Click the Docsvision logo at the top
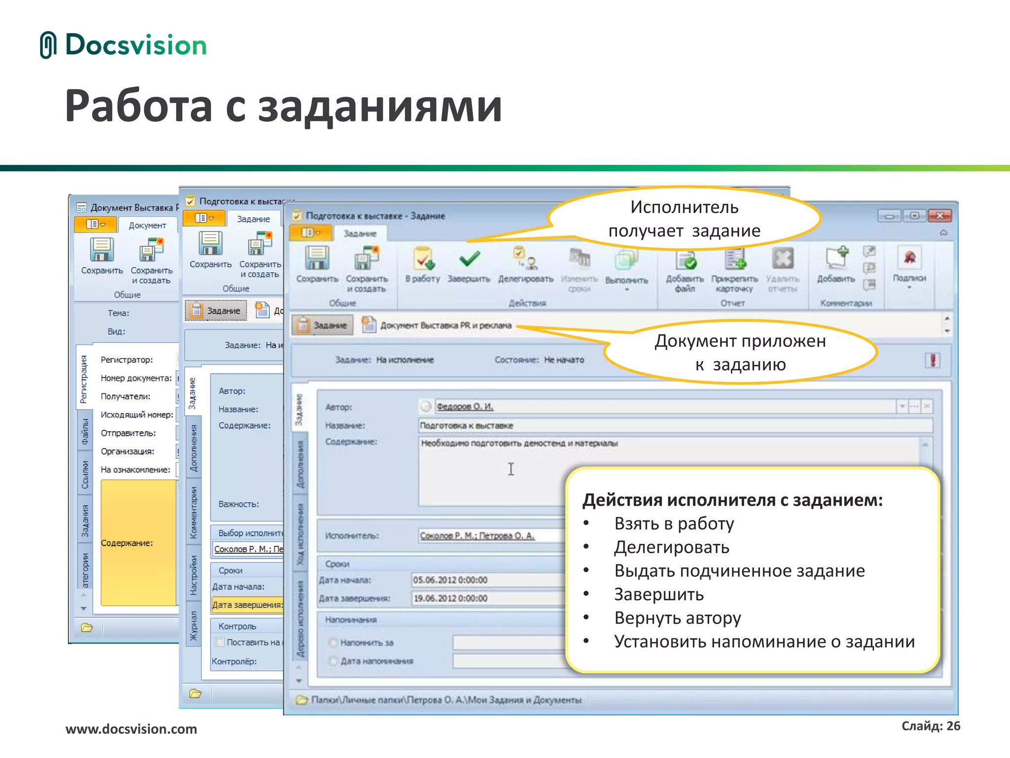coord(123,45)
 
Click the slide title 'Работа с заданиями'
coord(284,106)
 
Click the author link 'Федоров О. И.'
coord(465,407)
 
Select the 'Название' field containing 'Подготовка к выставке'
coord(675,425)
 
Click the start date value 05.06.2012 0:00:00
coord(450,580)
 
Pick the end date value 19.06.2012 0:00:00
coord(450,599)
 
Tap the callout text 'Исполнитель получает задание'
coord(685,219)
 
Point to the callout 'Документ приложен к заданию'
coord(740,352)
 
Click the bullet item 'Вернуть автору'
coord(677,618)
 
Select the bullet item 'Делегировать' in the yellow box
coord(671,547)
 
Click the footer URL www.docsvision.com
coord(131,729)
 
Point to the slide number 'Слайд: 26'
coord(931,726)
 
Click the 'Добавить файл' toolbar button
coord(685,269)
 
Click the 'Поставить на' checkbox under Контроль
coord(220,642)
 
